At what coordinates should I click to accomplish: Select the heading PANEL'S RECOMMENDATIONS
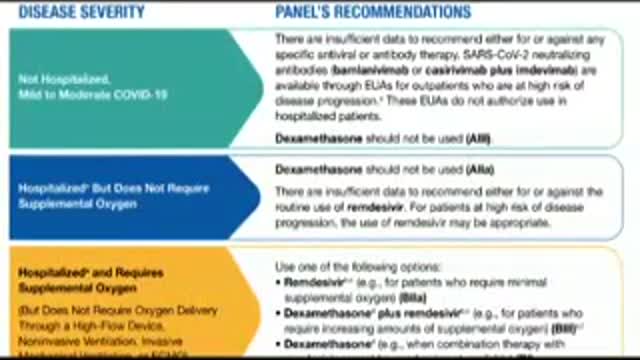372,13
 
